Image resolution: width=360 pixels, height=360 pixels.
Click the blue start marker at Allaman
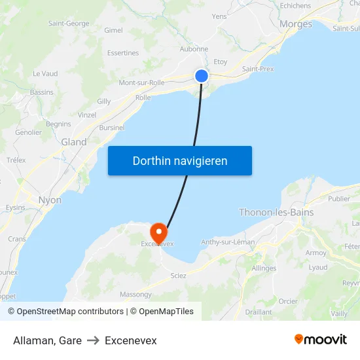(202, 76)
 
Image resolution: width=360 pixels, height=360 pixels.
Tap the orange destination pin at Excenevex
(158, 233)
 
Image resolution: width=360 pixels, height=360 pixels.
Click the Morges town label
(295, 24)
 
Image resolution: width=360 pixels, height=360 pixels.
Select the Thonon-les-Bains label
(276, 212)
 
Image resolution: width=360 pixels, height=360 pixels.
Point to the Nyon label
(50, 200)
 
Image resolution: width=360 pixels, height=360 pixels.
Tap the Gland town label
(74, 141)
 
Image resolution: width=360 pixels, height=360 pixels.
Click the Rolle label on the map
(143, 98)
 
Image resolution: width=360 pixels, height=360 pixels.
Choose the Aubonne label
(194, 48)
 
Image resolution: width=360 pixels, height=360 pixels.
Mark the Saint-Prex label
(258, 69)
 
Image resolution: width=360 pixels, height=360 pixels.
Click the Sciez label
(178, 276)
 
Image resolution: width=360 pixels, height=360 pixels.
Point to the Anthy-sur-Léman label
(228, 242)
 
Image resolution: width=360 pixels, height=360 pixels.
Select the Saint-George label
(69, 24)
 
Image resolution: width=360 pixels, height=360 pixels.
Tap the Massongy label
(135, 295)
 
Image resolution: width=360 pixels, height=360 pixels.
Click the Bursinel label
(112, 128)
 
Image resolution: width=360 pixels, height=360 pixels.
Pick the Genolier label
(28, 132)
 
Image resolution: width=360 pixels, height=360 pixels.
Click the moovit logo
(321, 339)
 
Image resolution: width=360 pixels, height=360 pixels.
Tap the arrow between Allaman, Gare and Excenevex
(93, 340)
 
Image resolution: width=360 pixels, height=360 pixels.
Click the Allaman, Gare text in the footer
(47, 340)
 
